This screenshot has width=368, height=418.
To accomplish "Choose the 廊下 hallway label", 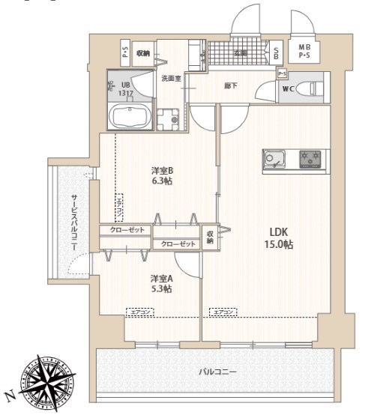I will point(230,86).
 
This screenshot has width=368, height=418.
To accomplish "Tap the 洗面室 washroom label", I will point(171,77).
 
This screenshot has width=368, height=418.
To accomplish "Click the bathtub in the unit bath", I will point(129,118).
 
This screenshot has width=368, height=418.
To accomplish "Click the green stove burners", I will point(309,159).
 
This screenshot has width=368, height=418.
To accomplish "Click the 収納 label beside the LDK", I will point(211,237).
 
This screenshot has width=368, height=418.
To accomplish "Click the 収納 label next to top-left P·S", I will point(143,52).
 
